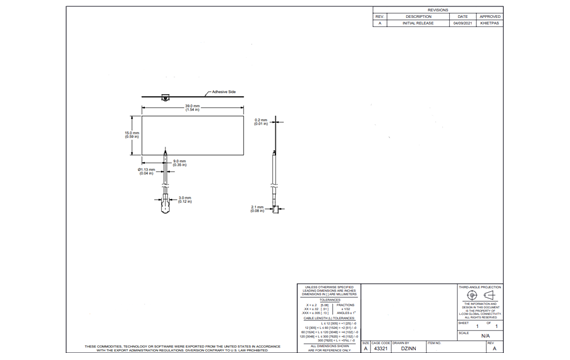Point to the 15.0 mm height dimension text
[x=131, y=134]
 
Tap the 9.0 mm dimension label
[x=180, y=162]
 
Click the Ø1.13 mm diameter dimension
[x=146, y=171]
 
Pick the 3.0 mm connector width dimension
[x=185, y=199]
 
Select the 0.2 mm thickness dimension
[x=261, y=121]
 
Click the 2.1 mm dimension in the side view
[x=256, y=209]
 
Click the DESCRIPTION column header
[x=419, y=17]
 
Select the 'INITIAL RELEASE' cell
[x=419, y=23]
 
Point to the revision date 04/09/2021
[x=463, y=23]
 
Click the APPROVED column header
[x=490, y=17]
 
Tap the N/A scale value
[x=485, y=337]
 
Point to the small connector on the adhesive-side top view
[x=163, y=99]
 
